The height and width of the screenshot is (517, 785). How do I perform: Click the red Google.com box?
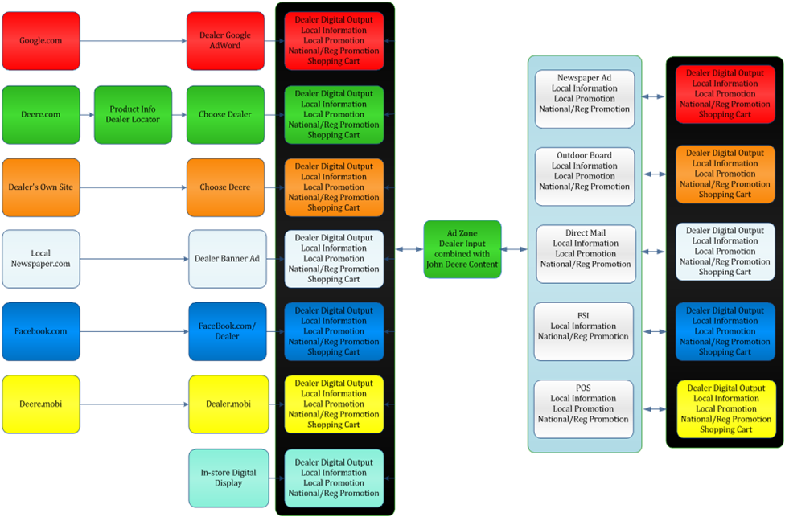tap(41, 40)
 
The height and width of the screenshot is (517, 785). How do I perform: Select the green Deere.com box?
tap(41, 114)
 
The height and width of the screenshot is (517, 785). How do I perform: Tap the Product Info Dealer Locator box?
tap(133, 114)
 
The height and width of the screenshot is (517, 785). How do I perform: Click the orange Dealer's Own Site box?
tap(41, 187)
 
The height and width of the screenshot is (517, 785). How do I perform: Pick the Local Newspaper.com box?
tap(41, 258)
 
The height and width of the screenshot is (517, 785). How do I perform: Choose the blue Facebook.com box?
tap(41, 331)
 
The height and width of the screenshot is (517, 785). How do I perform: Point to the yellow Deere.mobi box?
tap(41, 404)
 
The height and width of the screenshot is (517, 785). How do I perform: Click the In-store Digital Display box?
tap(228, 478)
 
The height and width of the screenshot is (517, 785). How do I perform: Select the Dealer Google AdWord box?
tap(225, 40)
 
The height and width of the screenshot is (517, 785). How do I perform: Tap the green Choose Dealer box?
tap(225, 114)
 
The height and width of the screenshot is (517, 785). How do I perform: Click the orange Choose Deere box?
tap(225, 187)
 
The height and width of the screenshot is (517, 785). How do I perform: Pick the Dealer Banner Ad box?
tap(228, 259)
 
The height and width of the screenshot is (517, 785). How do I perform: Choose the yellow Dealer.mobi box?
tap(228, 404)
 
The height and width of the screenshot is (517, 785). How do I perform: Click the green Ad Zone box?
tap(462, 249)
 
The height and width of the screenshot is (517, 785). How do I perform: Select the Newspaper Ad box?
tap(585, 98)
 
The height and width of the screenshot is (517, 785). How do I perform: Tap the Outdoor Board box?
tap(585, 176)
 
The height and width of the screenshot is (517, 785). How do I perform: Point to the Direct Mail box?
tap(586, 253)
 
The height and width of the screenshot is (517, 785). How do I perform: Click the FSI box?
tap(584, 331)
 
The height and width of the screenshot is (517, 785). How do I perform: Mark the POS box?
tap(584, 408)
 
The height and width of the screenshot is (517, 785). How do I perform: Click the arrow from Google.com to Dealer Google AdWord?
tap(133, 41)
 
